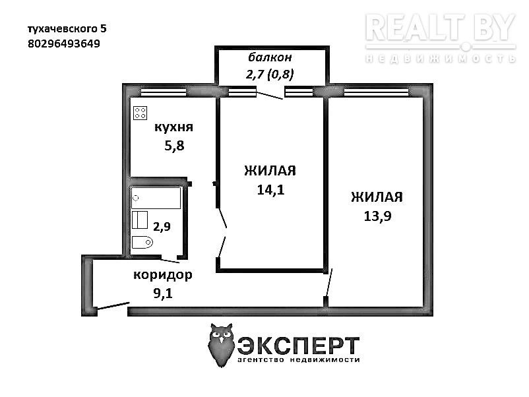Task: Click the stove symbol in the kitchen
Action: click(x=140, y=113)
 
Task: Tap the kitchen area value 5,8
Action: click(x=174, y=146)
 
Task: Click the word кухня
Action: click(x=173, y=127)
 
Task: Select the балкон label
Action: click(x=270, y=57)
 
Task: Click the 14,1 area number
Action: click(x=270, y=190)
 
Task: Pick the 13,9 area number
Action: click(x=377, y=216)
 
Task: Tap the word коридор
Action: click(x=163, y=275)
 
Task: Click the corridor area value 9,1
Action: click(x=163, y=293)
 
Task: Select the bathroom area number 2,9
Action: click(x=162, y=226)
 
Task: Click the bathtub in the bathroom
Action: click(x=156, y=198)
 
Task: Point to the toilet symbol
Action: click(x=142, y=242)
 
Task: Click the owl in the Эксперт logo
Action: click(x=222, y=345)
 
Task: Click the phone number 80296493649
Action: click(x=64, y=44)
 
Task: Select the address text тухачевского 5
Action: click(x=67, y=29)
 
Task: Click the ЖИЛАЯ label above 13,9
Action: click(x=377, y=197)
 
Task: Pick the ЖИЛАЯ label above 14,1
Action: click(x=270, y=171)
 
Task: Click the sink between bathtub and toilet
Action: click(x=140, y=220)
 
